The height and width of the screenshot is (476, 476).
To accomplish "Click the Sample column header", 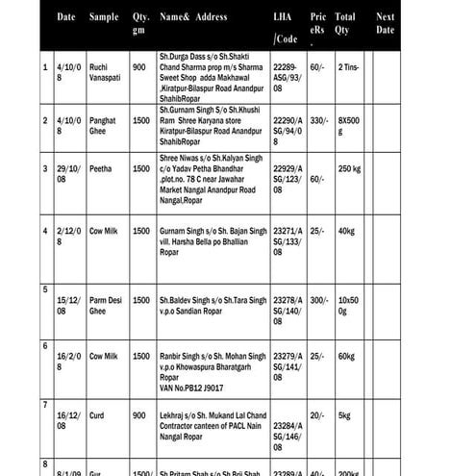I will [x=104, y=17].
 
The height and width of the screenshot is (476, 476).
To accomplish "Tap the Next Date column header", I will [x=385, y=24].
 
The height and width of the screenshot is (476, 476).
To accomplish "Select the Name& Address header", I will [x=193, y=17].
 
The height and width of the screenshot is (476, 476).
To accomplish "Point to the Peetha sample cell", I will [x=101, y=168].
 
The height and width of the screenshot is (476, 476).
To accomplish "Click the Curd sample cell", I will [x=98, y=415].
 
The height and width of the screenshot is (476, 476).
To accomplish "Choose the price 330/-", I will [x=319, y=120].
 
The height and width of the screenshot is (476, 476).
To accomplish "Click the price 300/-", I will [x=319, y=300].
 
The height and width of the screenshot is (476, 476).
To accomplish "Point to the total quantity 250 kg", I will [x=349, y=168].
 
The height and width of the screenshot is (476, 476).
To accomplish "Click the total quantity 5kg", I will [x=345, y=415].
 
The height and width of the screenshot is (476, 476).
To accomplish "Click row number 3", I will [x=45, y=168].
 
